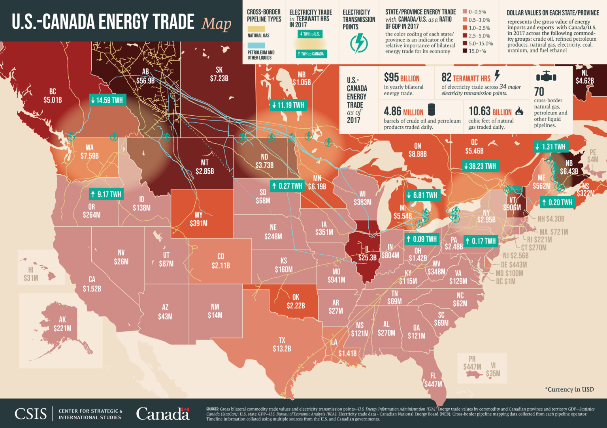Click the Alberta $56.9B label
click(145, 77)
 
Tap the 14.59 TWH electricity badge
click(107, 100)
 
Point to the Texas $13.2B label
click(282, 345)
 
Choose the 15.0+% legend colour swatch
click(465, 51)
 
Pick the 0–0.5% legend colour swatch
click(465, 12)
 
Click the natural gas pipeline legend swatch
click(256, 29)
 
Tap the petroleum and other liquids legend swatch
click(256, 45)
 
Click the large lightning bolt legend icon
click(359, 43)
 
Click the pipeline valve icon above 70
click(546, 76)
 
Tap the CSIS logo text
click(30, 414)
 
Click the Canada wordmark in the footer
click(163, 414)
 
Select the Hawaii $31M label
click(31, 274)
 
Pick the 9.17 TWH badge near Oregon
click(106, 194)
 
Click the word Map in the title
click(217, 24)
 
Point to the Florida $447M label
click(433, 380)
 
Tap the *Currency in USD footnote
click(569, 389)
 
